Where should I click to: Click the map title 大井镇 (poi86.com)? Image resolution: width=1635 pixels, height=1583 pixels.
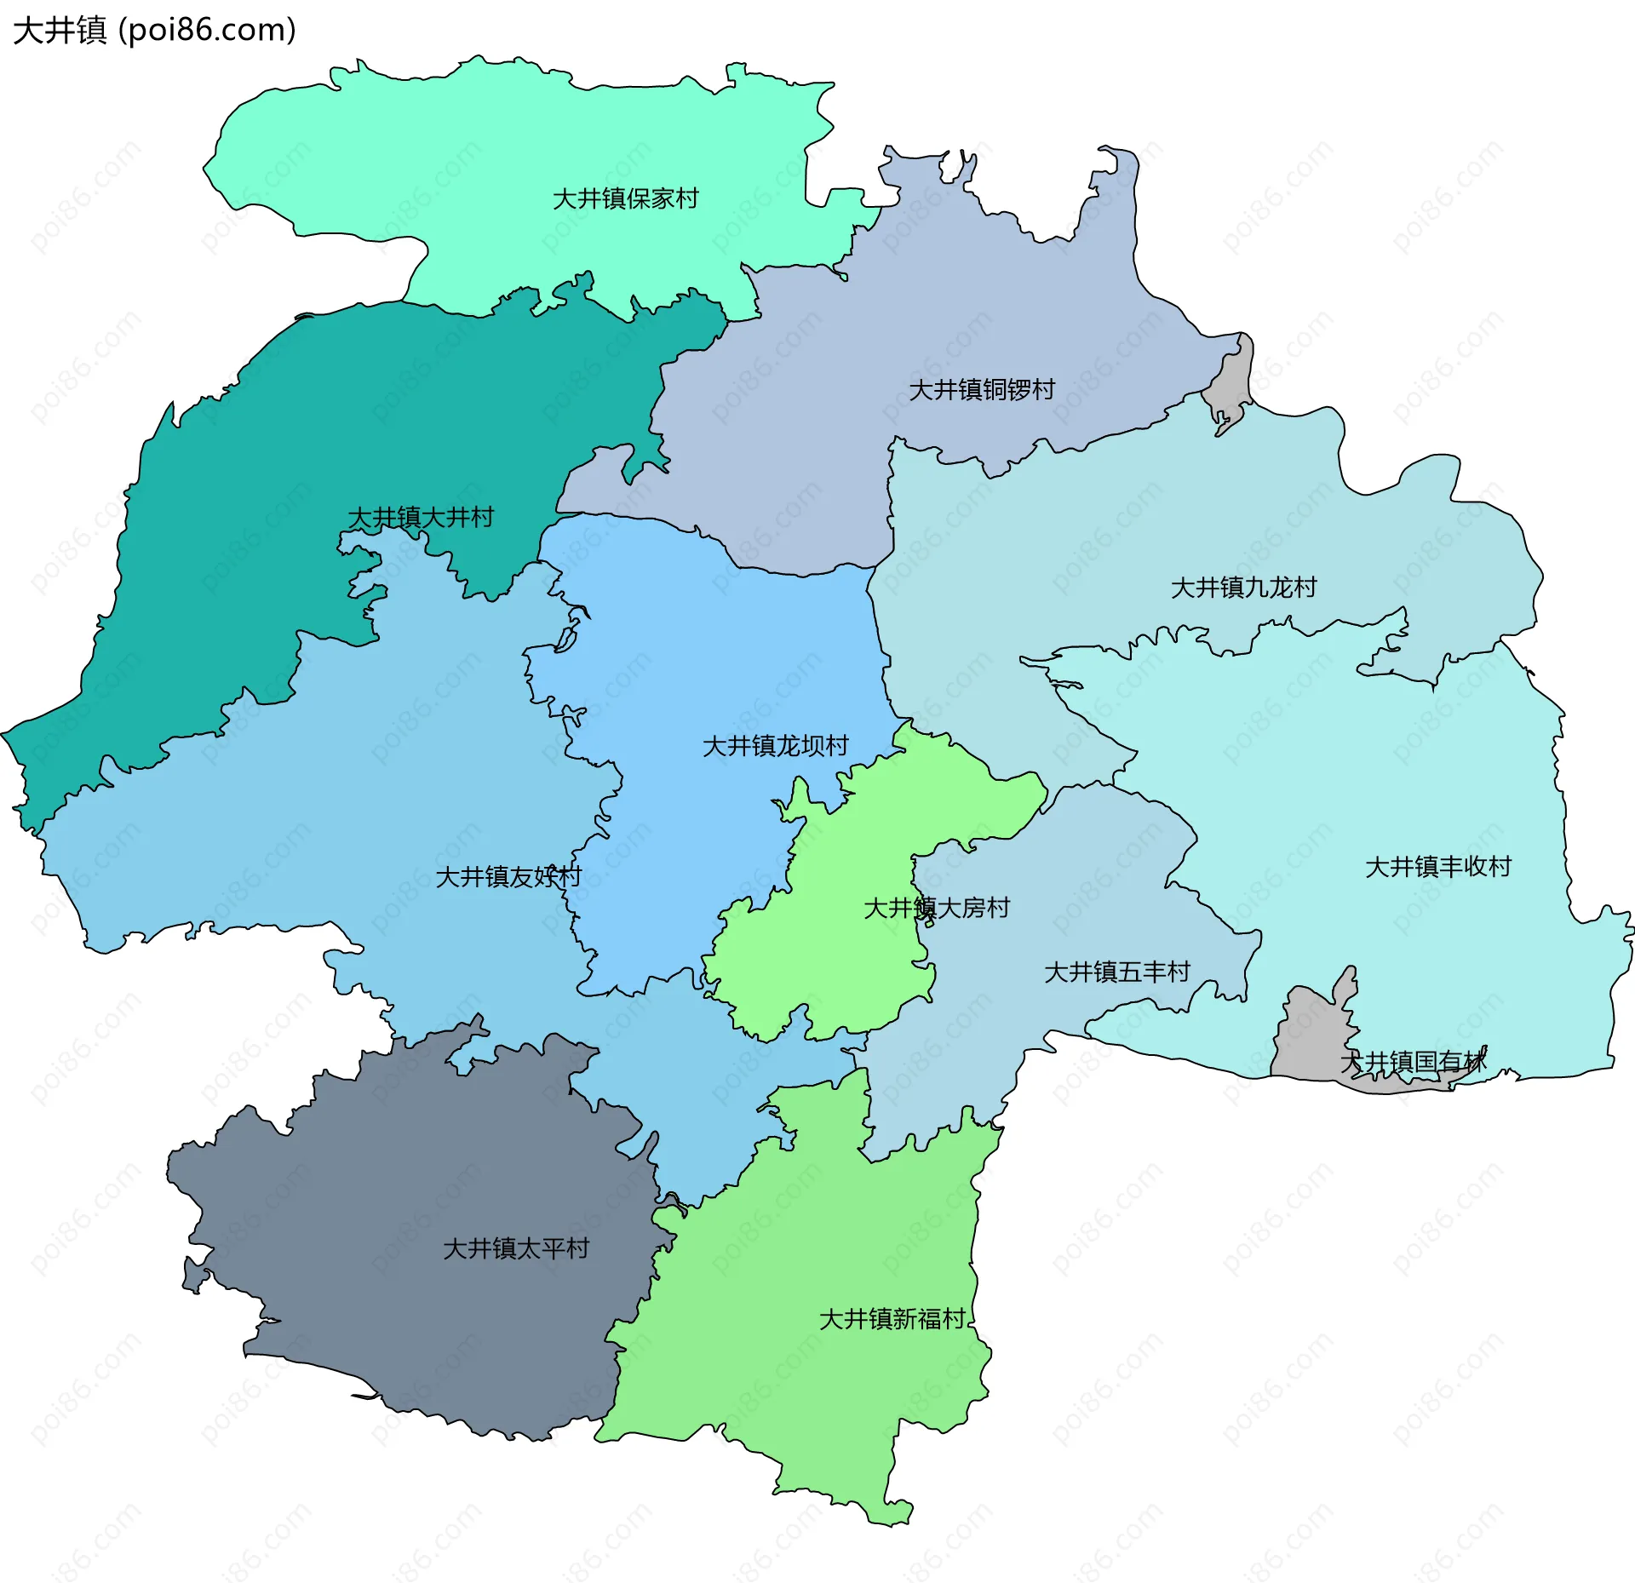click(x=154, y=30)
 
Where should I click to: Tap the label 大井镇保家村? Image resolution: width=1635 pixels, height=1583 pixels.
click(x=625, y=198)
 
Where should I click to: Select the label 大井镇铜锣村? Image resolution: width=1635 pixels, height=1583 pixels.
click(x=981, y=389)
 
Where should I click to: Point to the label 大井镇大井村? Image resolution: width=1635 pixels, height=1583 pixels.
click(x=421, y=517)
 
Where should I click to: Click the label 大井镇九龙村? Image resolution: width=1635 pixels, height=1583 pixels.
click(x=1243, y=587)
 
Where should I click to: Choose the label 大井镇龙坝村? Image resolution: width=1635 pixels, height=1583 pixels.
click(x=775, y=746)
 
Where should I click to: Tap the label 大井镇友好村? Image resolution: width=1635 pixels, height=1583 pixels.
click(x=508, y=876)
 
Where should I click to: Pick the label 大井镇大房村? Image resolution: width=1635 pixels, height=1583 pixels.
click(x=937, y=908)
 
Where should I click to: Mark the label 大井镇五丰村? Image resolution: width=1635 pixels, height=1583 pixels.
click(x=1116, y=972)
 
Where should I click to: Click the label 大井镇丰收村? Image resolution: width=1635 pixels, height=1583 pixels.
click(x=1437, y=867)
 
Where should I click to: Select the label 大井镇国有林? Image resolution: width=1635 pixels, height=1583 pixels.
click(x=1414, y=1062)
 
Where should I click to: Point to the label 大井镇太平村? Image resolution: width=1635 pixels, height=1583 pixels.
click(x=516, y=1248)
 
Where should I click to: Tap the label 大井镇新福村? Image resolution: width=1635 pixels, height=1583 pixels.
click(x=892, y=1319)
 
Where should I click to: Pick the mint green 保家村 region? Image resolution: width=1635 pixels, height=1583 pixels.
click(x=511, y=136)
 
